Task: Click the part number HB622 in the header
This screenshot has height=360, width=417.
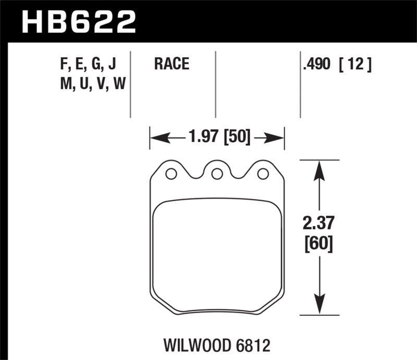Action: [x=78, y=22]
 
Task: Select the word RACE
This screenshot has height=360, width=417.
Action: [x=171, y=65]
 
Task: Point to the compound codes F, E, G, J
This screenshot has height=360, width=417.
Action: [x=87, y=65]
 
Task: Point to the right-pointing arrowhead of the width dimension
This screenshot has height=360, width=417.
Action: [x=276, y=138]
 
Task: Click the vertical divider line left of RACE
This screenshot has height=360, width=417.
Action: [x=130, y=83]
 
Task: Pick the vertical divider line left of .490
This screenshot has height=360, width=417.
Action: [x=300, y=83]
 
